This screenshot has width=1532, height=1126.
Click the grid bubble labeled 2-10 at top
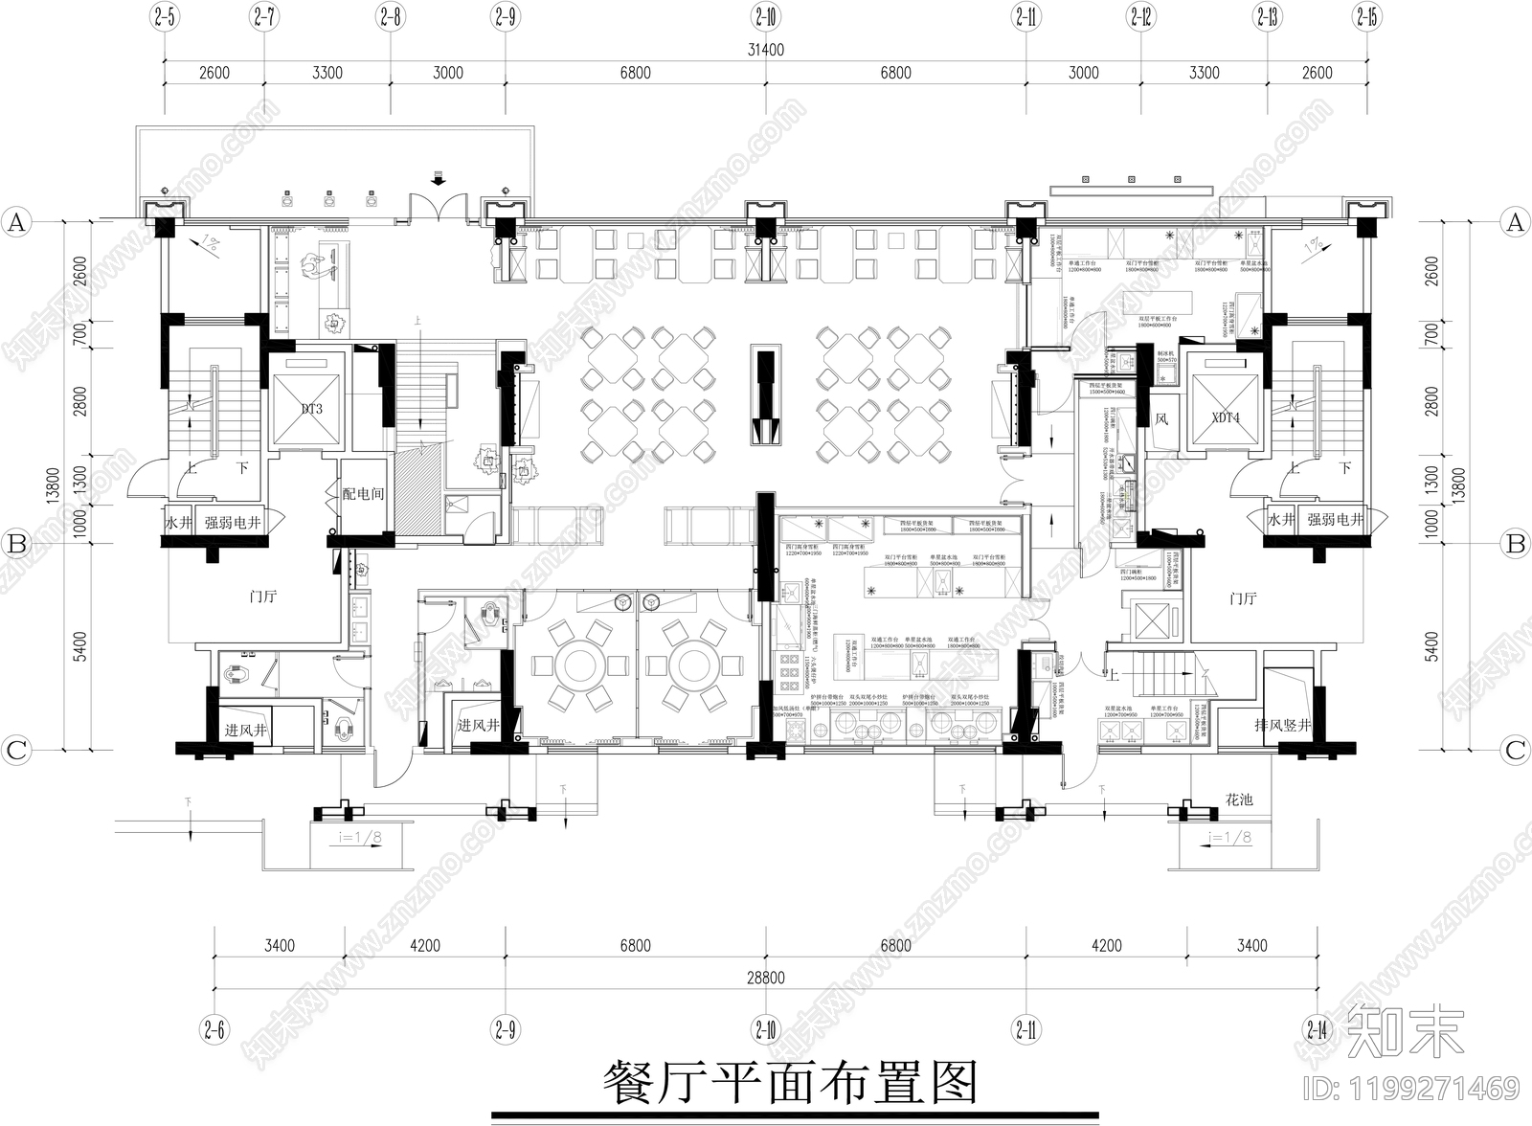pos(766,16)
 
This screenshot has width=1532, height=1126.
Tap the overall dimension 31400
pos(765,50)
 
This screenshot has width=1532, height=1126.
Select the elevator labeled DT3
pos(310,410)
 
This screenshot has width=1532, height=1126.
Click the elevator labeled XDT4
pos(1225,418)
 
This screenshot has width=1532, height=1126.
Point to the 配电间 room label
pos(363,493)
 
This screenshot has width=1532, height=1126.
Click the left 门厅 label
pos(262,597)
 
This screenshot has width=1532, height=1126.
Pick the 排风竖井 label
pos(1282,726)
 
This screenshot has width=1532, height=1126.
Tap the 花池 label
pos(1239,799)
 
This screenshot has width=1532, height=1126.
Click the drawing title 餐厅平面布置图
pos(791,1083)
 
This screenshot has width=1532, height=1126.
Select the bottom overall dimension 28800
pos(765,978)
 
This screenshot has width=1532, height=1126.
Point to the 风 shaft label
pos(1161,418)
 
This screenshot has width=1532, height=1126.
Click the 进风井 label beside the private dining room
pos(478,726)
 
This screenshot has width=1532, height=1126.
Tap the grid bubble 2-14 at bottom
pos(1318,1030)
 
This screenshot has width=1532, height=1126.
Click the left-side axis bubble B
pos(16,544)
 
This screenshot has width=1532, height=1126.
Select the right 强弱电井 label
pos(1335,520)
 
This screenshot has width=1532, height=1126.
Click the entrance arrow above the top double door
pos(438,179)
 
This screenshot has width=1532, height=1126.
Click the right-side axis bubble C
pos(1515,750)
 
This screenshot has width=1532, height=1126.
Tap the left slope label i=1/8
pos(361,837)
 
